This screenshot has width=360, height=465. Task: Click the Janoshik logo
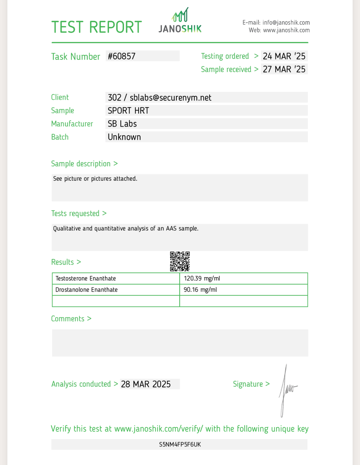pos(180,21)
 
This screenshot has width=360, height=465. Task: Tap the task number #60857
pos(122,56)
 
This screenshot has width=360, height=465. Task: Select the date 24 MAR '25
pos(284,56)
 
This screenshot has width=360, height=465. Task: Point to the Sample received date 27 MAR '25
pos(284,69)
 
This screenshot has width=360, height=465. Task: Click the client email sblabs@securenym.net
pos(170,98)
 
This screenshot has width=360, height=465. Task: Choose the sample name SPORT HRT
pos(128,111)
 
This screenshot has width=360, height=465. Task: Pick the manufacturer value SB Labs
pos(122,124)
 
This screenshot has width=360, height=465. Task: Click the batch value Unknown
pos(124,137)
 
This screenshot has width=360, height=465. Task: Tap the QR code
pos(180,261)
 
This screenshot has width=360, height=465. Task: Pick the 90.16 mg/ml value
pos(200,290)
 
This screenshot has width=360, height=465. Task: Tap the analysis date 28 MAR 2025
pos(146,384)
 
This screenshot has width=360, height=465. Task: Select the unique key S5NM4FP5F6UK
pos(180,444)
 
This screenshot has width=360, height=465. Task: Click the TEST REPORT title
pos(97,27)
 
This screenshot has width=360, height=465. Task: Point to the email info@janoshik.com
pos(286,22)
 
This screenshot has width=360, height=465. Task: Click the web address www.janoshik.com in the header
pos(286,30)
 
